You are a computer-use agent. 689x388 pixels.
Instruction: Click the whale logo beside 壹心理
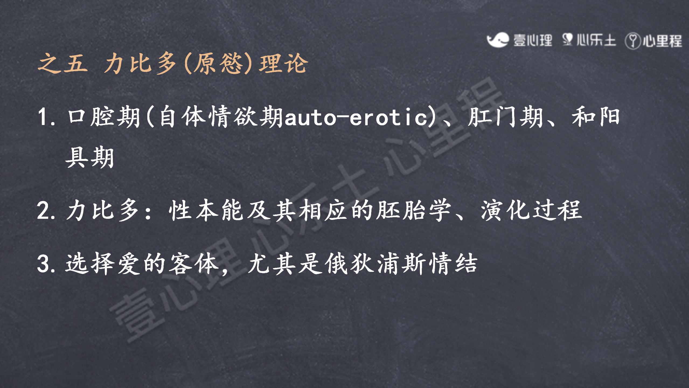click(498, 40)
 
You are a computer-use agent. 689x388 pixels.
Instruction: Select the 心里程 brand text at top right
click(662, 41)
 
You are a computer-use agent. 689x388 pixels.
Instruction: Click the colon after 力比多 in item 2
click(148, 212)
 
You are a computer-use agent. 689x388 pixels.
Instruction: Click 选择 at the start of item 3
click(90, 264)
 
